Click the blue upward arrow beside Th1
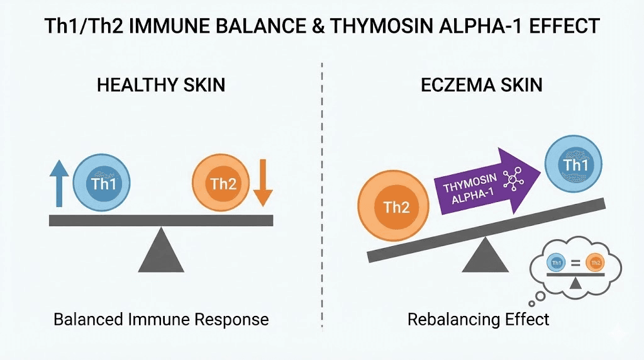(x=58, y=183)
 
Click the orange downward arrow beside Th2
(x=264, y=183)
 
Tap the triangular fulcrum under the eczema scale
(x=483, y=255)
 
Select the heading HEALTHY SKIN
(x=161, y=85)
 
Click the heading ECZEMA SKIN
(x=482, y=85)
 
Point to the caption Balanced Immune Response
(x=161, y=319)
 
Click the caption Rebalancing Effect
(x=479, y=319)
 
